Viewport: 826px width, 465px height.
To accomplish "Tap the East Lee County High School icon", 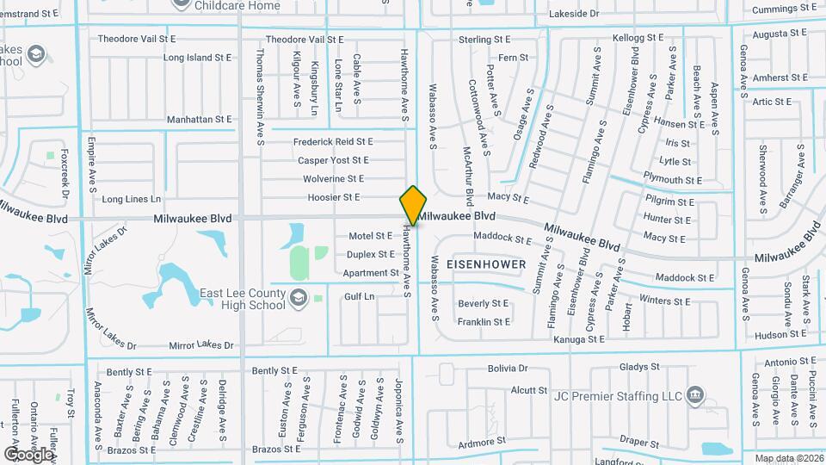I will (298, 298).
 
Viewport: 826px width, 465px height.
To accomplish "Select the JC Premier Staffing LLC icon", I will (695, 396).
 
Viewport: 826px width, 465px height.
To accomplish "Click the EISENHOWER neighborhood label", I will (486, 263).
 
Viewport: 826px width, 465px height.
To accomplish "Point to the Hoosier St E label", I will (333, 197).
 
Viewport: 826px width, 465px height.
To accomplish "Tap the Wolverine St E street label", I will (333, 179).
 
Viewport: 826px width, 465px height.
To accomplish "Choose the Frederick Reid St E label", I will (333, 141).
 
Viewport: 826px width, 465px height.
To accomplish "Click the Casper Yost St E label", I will (333, 160).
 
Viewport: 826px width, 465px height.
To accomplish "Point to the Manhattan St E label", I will (200, 120).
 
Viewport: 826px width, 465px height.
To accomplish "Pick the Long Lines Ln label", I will (126, 199).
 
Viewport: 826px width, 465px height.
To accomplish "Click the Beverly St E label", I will (484, 303).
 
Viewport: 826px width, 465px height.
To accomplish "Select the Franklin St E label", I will (484, 322).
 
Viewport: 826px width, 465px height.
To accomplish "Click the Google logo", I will (28, 454).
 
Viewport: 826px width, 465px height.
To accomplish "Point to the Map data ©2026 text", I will (788, 458).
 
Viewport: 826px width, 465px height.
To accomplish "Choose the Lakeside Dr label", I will (572, 14).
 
